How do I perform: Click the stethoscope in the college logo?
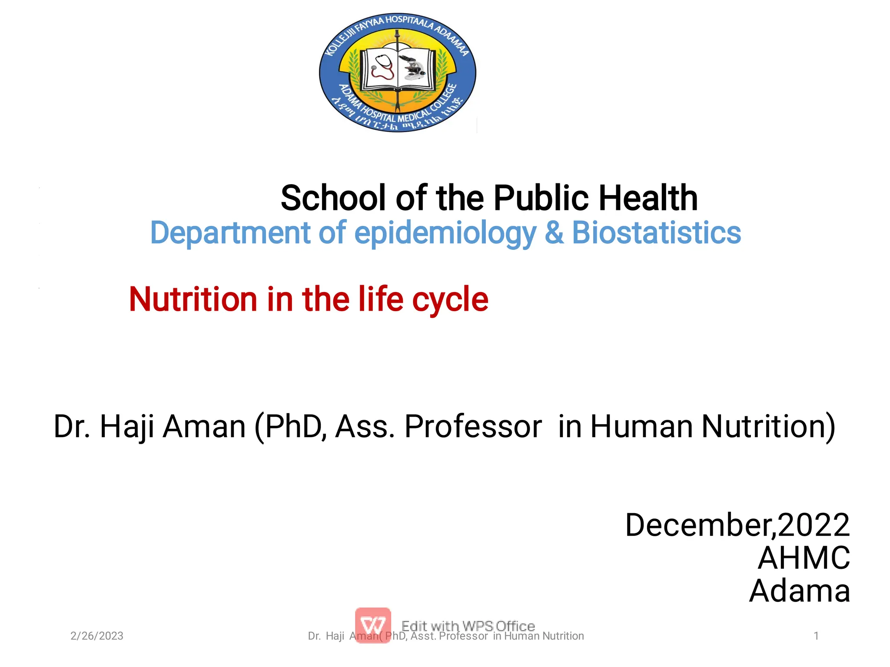click(x=382, y=67)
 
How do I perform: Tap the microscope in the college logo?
click(x=413, y=68)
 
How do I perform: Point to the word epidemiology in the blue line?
click(x=445, y=233)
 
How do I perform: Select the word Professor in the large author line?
click(x=473, y=426)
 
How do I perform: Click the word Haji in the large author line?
click(x=127, y=426)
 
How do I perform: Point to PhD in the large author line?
click(x=294, y=426)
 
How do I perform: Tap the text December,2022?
click(x=737, y=525)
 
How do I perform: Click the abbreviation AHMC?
click(x=804, y=558)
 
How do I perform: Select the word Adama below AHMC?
click(x=800, y=591)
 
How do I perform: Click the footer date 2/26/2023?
click(x=97, y=636)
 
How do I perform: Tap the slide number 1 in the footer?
click(x=816, y=636)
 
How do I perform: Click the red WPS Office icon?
click(x=373, y=625)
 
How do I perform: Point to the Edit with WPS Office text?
click(x=468, y=626)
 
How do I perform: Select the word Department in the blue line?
click(x=230, y=233)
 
